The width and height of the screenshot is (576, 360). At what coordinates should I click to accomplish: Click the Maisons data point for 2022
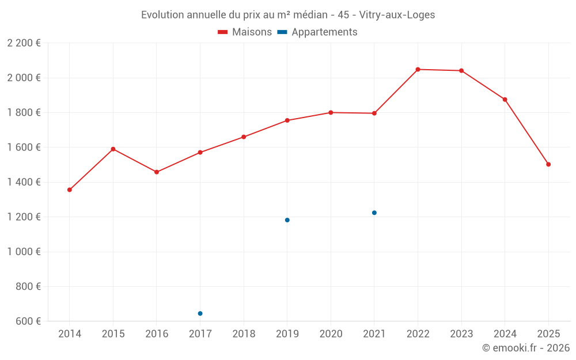[418, 69]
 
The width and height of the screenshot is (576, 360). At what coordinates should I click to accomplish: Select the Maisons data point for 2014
[70, 190]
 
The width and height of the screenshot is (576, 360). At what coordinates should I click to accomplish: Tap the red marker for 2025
[548, 164]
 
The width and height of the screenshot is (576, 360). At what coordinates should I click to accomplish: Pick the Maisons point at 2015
[113, 149]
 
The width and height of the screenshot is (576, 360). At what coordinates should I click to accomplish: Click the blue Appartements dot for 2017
[200, 313]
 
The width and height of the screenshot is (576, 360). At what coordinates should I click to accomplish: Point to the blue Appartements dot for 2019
[287, 220]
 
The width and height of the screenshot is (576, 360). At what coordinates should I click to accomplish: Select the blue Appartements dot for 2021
[374, 213]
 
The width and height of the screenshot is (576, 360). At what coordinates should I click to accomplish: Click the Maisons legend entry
[245, 32]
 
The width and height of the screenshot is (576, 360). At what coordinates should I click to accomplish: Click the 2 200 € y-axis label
[24, 43]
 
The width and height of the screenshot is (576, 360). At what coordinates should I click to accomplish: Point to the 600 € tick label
[28, 321]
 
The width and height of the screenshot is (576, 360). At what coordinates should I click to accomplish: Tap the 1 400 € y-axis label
[24, 182]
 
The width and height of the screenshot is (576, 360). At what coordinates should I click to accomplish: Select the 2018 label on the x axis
[244, 334]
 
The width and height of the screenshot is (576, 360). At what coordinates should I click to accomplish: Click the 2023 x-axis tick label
[461, 334]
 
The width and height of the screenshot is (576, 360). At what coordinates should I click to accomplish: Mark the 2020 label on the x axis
[331, 334]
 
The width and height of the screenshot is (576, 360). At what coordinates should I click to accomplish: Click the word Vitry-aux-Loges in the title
[397, 15]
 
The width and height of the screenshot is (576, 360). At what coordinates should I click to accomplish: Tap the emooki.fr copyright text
[525, 348]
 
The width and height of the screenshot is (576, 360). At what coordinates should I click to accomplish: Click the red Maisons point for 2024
[505, 100]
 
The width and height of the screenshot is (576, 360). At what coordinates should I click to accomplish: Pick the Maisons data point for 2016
[157, 172]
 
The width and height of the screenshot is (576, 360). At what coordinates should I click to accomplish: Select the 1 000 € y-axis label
[24, 252]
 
